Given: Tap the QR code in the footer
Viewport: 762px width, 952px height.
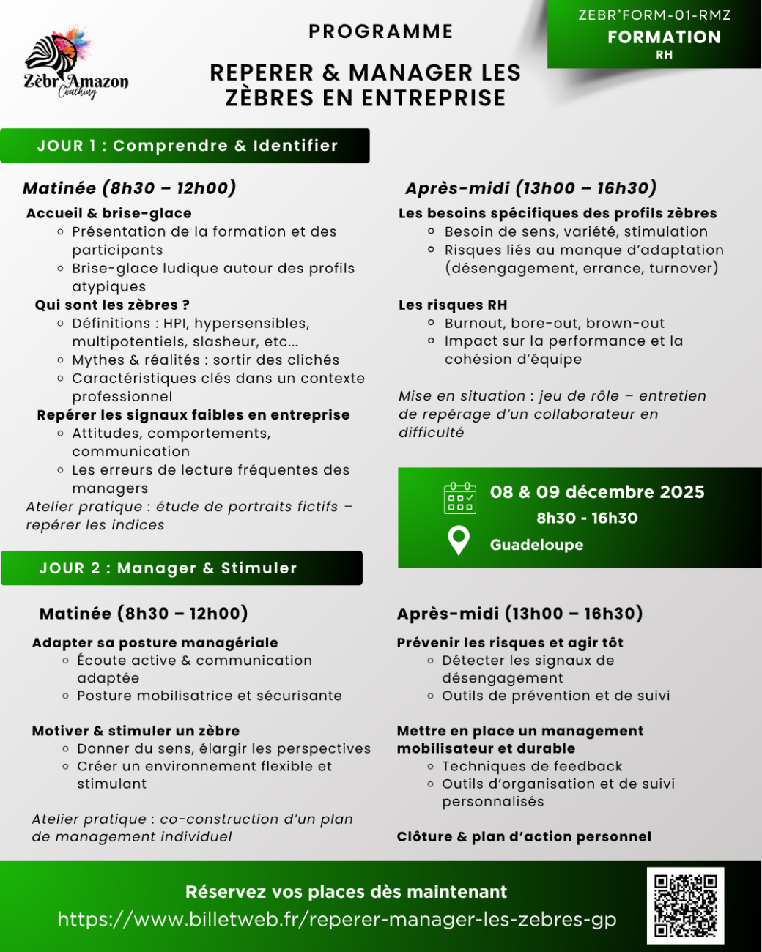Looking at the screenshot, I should click(x=685, y=905).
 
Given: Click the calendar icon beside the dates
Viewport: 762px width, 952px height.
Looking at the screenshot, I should click(x=459, y=498).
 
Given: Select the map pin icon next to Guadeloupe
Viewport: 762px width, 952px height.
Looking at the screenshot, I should click(x=459, y=540).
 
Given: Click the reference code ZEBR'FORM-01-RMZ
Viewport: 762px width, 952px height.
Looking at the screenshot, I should click(x=654, y=15).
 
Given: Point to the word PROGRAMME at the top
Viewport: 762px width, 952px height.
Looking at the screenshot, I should click(x=380, y=31).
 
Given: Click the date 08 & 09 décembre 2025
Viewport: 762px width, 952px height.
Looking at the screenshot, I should click(x=596, y=492).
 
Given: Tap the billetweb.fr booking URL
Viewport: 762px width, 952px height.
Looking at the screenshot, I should click(x=336, y=919).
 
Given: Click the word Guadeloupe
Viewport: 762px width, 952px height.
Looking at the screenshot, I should click(x=536, y=545).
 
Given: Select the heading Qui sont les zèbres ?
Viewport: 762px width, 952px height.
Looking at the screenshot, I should click(x=112, y=305).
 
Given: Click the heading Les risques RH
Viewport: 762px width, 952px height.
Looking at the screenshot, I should click(x=452, y=305).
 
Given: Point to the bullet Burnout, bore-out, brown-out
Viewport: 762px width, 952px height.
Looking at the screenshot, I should click(x=554, y=323).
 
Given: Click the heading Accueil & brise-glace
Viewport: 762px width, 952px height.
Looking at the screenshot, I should click(x=108, y=213).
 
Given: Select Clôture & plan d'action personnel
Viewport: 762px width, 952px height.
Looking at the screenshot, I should click(x=523, y=836).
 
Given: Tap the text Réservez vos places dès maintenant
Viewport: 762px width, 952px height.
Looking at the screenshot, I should click(x=346, y=892).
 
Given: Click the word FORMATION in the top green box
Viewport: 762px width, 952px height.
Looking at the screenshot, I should click(x=663, y=37).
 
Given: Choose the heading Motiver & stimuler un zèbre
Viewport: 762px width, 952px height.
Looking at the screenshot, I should click(x=136, y=731).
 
